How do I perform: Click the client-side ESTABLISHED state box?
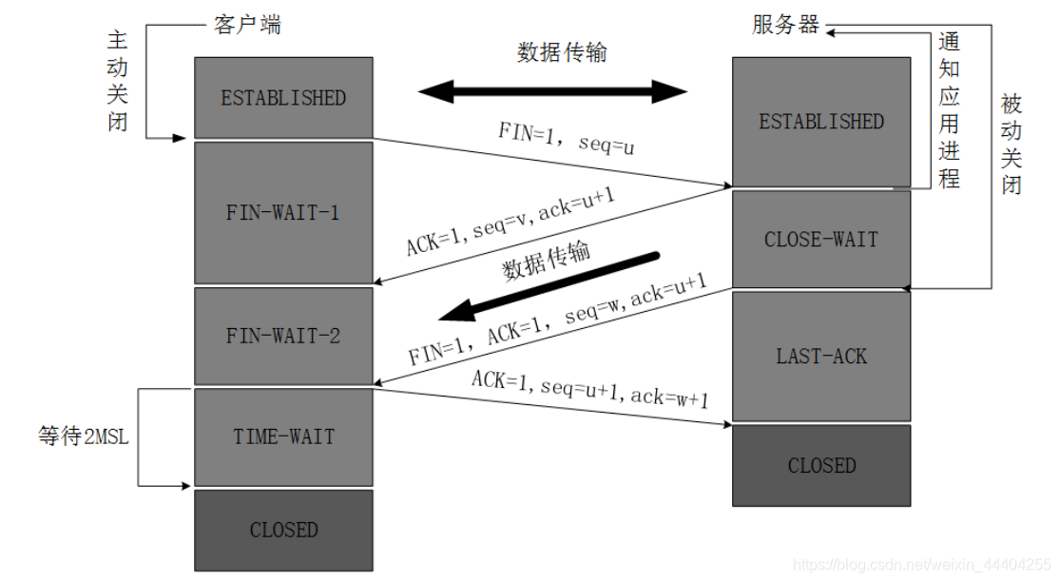pos(283,98)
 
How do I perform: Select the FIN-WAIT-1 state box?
pos(283,212)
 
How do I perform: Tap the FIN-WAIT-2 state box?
pos(283,336)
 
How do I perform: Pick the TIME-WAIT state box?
pos(283,436)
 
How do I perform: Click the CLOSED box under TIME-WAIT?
pos(283,530)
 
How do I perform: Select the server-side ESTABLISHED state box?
pos(821,122)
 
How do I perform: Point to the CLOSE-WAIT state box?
pos(821,240)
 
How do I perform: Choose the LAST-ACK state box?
pos(821,357)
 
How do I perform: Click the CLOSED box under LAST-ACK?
pos(821,465)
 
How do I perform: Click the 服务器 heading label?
pos(785,26)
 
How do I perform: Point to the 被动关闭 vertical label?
pos(1012,144)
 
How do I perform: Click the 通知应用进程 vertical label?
pos(949,109)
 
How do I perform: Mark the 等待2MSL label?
pos(81,436)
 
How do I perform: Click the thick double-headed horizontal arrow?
pos(552,92)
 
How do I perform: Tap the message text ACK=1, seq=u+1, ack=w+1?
pos(589,387)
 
